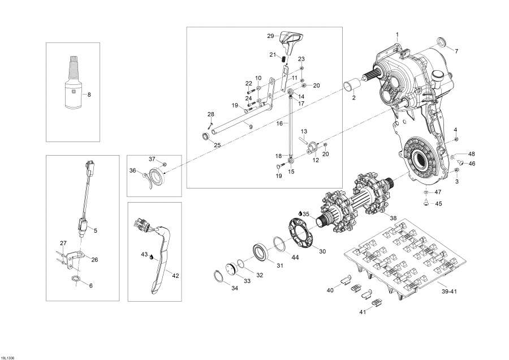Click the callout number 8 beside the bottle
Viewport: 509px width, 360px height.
[88, 95]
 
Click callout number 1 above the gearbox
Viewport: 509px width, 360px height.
[397, 35]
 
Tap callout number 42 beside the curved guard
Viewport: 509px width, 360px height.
[175, 276]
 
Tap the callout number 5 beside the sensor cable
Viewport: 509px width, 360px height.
[96, 230]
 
